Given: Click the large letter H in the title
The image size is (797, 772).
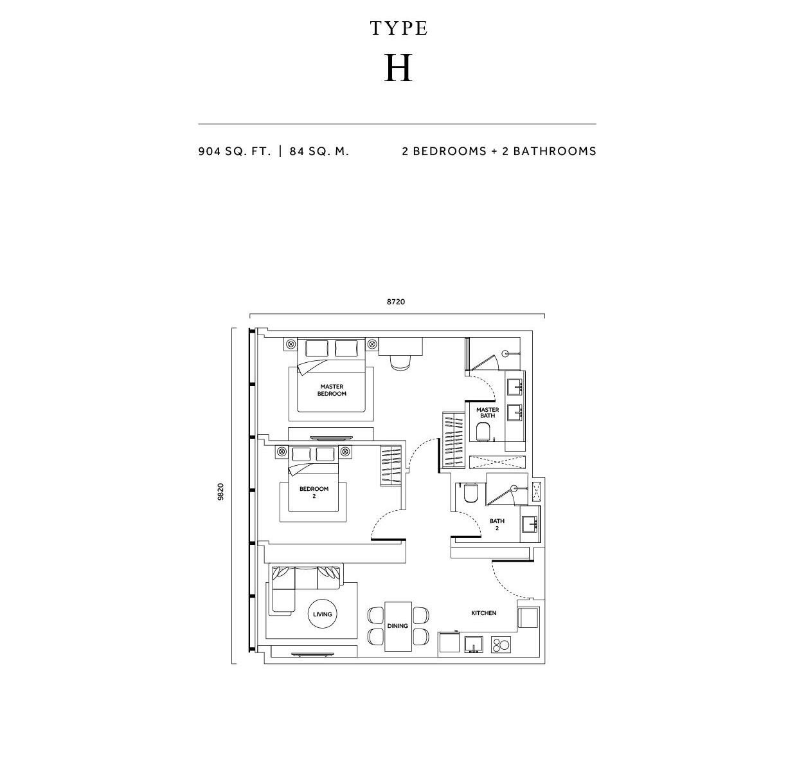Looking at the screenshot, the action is pyautogui.click(x=398, y=68).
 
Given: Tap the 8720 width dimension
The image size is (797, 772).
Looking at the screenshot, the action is pyautogui.click(x=396, y=302).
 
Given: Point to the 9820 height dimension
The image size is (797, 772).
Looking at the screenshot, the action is pyautogui.click(x=220, y=492).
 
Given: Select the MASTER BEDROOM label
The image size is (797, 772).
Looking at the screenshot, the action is pyautogui.click(x=332, y=390).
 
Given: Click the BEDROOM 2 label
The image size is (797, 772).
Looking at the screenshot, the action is pyautogui.click(x=314, y=492).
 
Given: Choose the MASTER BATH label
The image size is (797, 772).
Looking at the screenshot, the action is pyautogui.click(x=487, y=412).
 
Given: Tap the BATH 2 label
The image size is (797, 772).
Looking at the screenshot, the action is pyautogui.click(x=497, y=524).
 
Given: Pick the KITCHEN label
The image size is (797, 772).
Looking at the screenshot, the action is pyautogui.click(x=484, y=613).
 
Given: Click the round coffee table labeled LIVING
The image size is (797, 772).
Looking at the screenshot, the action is pyautogui.click(x=322, y=614).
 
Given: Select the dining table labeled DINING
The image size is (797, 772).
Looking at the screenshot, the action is pyautogui.click(x=398, y=626).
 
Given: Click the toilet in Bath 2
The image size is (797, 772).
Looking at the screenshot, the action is pyautogui.click(x=470, y=493).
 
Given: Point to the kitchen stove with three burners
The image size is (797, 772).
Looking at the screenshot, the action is pyautogui.click(x=501, y=645).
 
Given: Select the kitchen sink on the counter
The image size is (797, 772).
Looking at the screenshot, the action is pyautogui.click(x=474, y=645).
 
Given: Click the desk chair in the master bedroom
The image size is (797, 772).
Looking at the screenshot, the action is pyautogui.click(x=401, y=362).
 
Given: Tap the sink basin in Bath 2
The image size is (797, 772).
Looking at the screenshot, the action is pyautogui.click(x=531, y=524).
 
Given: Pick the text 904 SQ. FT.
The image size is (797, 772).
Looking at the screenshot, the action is pyautogui.click(x=235, y=151).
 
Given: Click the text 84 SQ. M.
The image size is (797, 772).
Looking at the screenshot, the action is pyautogui.click(x=319, y=151).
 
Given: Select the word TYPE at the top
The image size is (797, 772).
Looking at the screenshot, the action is pyautogui.click(x=398, y=28).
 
